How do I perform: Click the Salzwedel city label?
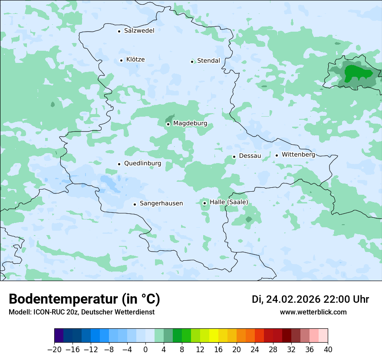(x=139, y=31)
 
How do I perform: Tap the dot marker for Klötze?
(x=121, y=60)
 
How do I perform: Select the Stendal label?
(x=208, y=61)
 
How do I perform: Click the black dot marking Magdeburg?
(x=168, y=124)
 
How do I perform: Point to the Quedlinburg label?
(x=142, y=164)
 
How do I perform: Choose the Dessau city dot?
(x=234, y=157)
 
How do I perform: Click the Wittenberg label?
(x=298, y=155)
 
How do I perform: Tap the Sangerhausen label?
(x=161, y=203)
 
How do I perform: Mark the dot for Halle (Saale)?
(x=204, y=203)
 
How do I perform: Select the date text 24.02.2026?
(x=293, y=299)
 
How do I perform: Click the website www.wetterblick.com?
(x=313, y=312)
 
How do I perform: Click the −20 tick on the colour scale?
(x=55, y=350)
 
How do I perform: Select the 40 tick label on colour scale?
(x=328, y=350)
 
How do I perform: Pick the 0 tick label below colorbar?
(x=145, y=350)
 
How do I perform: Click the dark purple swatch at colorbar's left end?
(x=59, y=336)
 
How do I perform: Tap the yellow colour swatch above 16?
(x=214, y=336)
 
